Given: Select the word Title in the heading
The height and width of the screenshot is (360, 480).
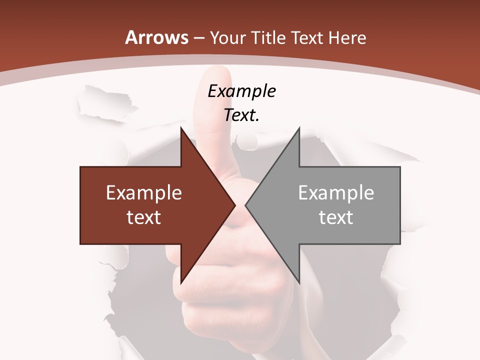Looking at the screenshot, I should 270,37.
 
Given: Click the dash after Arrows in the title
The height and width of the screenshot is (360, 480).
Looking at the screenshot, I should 199,38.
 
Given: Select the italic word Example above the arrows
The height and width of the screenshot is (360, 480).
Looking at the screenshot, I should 241,91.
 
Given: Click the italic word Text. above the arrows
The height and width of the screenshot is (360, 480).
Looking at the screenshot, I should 241,115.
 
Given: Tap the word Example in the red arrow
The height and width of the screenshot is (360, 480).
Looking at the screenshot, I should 144,193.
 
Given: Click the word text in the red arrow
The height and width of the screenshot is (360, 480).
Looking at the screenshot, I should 144,217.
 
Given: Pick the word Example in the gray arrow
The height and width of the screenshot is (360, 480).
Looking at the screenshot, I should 336,193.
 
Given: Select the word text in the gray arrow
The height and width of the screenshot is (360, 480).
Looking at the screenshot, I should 336,217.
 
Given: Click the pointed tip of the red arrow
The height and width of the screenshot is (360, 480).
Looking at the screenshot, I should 235,205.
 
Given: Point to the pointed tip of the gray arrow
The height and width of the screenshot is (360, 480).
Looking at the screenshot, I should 245,205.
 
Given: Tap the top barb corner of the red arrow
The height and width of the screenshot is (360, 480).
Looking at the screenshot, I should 181,129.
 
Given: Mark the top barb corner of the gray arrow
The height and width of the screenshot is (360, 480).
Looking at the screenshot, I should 299,129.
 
